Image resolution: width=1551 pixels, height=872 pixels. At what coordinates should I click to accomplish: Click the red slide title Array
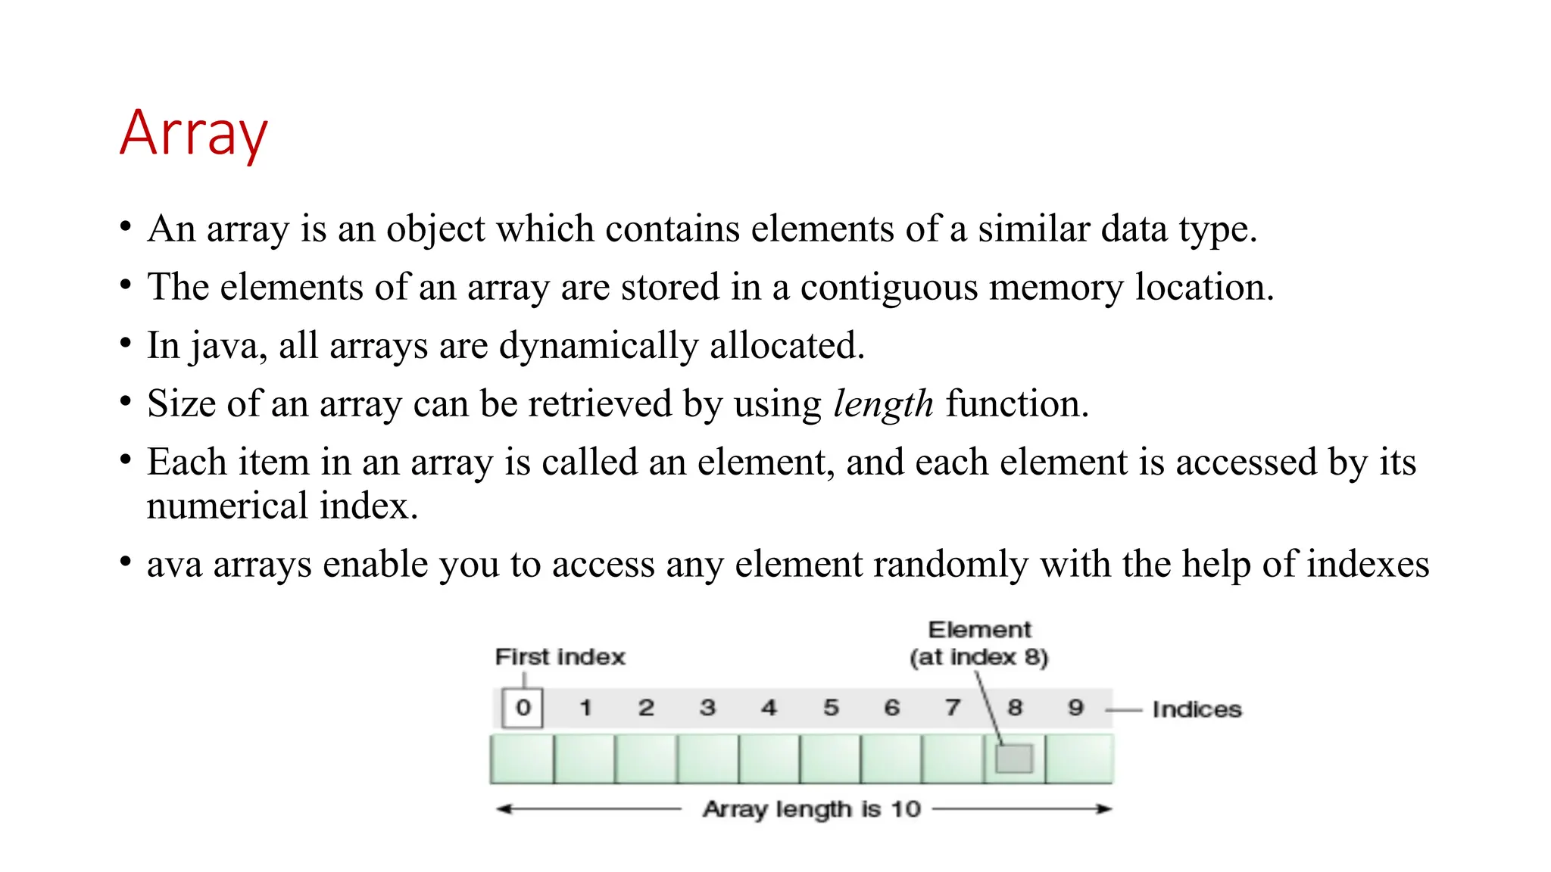tap(194, 134)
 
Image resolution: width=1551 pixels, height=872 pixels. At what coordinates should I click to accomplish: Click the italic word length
tap(883, 404)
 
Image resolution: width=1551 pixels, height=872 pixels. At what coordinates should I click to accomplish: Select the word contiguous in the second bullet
tap(889, 288)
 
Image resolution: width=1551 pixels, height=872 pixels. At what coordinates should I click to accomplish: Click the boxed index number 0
tap(523, 708)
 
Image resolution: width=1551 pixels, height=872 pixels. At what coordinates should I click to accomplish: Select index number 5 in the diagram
tap(831, 708)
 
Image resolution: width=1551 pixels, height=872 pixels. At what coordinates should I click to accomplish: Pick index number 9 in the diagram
tap(1075, 708)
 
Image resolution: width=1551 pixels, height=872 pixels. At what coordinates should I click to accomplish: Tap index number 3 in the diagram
tap(707, 708)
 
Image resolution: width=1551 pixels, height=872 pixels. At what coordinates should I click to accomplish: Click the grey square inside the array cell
tap(1014, 758)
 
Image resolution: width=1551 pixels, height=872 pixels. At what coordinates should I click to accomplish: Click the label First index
tap(560, 657)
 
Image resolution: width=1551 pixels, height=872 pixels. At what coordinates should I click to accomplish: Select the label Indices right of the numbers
tap(1197, 710)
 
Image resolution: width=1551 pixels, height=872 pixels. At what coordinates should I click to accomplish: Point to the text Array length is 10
tap(811, 809)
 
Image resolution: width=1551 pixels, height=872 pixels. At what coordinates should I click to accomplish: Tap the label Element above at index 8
tap(979, 630)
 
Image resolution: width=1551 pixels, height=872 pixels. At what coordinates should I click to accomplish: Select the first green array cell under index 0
tap(522, 758)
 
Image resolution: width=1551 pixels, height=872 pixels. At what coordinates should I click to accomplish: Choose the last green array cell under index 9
tap(1079, 758)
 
